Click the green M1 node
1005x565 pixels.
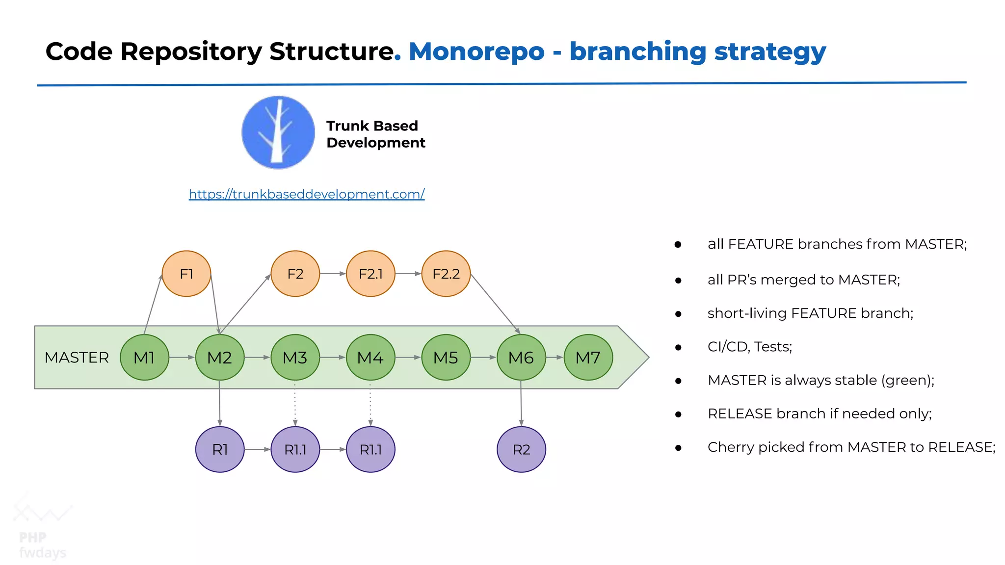[x=144, y=358]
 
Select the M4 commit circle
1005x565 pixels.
[x=370, y=358]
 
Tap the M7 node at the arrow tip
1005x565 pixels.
[x=588, y=358]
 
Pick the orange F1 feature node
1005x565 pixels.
[x=186, y=274]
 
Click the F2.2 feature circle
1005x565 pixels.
[x=446, y=274]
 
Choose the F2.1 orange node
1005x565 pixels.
[x=370, y=274]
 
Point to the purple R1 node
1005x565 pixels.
[x=220, y=449]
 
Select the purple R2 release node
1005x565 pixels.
[x=521, y=449]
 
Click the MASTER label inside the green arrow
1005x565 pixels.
[x=77, y=358]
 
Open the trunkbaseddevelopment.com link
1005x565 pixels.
[x=307, y=194]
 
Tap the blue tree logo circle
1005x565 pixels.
[x=278, y=132]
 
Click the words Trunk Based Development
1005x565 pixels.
[x=375, y=134]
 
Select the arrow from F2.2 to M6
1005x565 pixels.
[x=495, y=303]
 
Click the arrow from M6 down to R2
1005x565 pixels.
[x=521, y=403]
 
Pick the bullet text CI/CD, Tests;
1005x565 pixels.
[x=749, y=347]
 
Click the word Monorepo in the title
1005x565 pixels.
[x=476, y=51]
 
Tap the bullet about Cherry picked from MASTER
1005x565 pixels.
[x=851, y=447]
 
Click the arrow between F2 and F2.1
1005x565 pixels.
[x=333, y=274]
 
